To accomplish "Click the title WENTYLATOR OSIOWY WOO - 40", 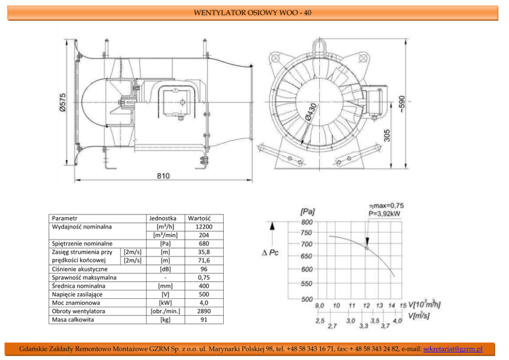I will point(252,12).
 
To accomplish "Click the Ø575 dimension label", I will point(63,103).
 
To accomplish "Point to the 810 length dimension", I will point(163,176).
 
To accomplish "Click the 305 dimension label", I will point(387,135).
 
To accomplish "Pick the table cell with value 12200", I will point(204,226).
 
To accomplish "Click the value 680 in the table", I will point(204,243).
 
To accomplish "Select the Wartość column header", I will point(199,218).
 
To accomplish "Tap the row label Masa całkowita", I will point(73,319).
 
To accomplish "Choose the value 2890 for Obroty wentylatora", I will point(204,311).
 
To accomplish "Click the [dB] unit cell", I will point(165,269).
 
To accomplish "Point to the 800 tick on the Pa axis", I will point(306,222).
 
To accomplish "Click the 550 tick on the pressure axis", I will point(306,283).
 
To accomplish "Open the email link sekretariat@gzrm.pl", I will point(453,349).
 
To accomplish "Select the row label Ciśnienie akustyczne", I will point(80,269).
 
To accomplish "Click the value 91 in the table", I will point(204,319).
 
